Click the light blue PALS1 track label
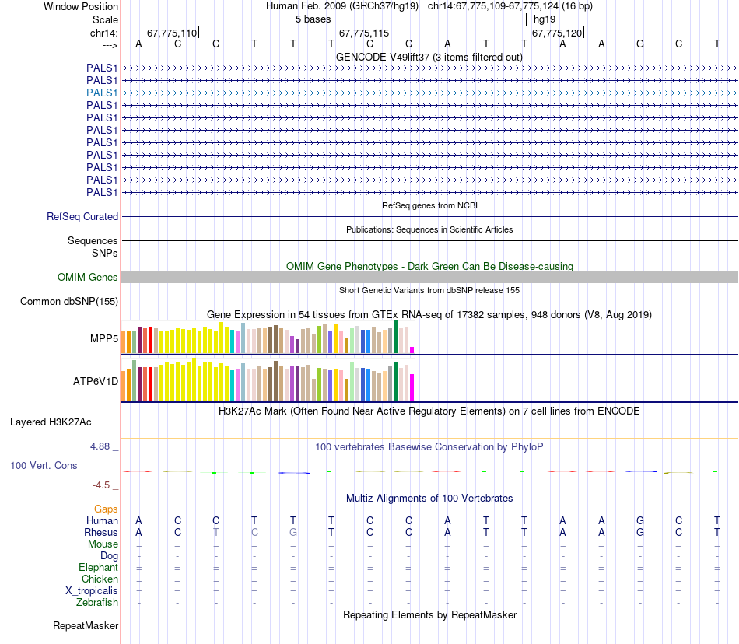pos(102,93)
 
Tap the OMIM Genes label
pos(88,278)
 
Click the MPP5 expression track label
pos(104,339)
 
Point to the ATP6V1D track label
pos(96,382)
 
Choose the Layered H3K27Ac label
pos(51,422)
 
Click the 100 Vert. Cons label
pos(44,465)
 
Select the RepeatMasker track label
pos(86,625)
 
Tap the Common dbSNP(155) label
pos(69,301)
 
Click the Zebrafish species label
pos(97,602)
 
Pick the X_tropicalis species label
pos(92,590)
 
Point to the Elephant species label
pos(98,568)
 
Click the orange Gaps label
pos(106,509)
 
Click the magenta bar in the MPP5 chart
pos(412,350)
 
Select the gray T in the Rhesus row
pos(216,533)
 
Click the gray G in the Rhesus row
pos(293,533)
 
